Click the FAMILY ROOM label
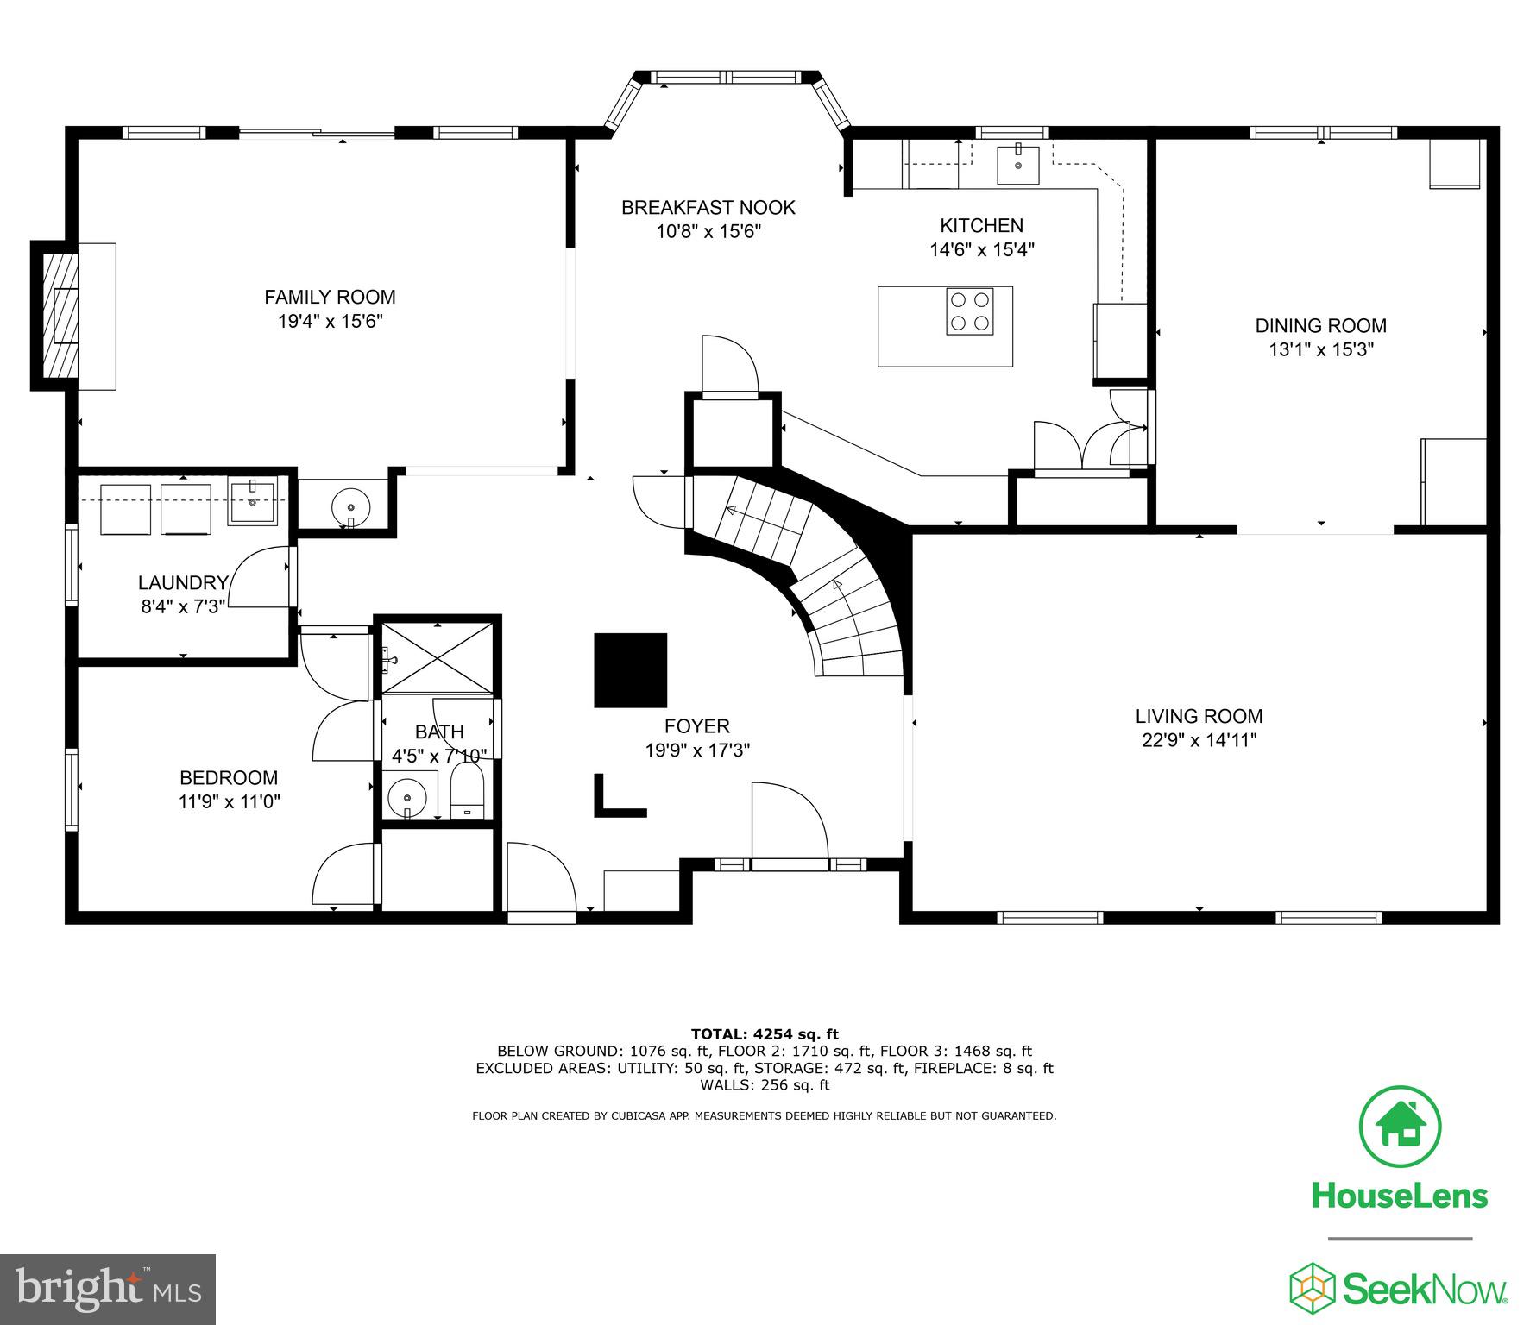point(330,298)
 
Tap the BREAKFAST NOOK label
point(708,208)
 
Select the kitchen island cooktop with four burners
point(969,311)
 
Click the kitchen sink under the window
point(1018,165)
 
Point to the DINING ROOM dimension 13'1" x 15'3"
point(1320,349)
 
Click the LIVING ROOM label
point(1199,716)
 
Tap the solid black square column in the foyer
point(630,670)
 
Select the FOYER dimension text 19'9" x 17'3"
point(697,750)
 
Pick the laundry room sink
point(252,504)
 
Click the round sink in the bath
point(406,798)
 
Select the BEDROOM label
point(229,777)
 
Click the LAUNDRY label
point(183,583)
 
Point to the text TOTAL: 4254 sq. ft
point(765,1033)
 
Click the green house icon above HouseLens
point(1399,1127)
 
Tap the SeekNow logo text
point(1425,1290)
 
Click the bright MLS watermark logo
point(108,1290)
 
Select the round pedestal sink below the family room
point(351,504)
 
